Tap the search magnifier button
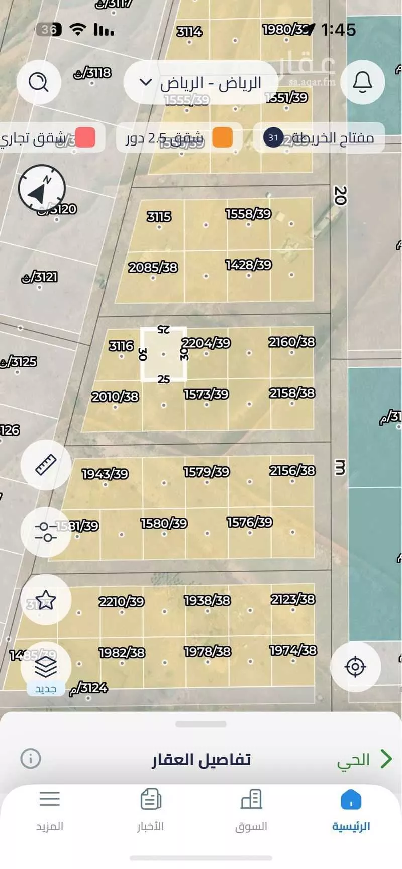pyautogui.click(x=39, y=82)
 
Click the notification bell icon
pyautogui.click(x=362, y=82)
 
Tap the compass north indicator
pyautogui.click(x=42, y=189)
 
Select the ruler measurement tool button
pyautogui.click(x=46, y=464)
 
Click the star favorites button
pyautogui.click(x=46, y=600)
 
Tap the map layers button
pyautogui.click(x=46, y=667)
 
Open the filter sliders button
pyautogui.click(x=46, y=532)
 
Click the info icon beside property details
pyautogui.click(x=31, y=758)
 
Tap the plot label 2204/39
pyautogui.click(x=206, y=343)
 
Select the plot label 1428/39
pyautogui.click(x=248, y=264)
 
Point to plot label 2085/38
pyautogui.click(x=153, y=267)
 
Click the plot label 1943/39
pyautogui.click(x=105, y=473)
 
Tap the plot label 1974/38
pyautogui.click(x=293, y=650)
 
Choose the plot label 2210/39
pyautogui.click(x=121, y=601)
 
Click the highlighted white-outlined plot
pyautogui.click(x=163, y=354)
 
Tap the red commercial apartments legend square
pyautogui.click(x=85, y=137)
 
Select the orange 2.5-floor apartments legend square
pyautogui.click(x=222, y=137)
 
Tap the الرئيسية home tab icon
pyautogui.click(x=351, y=800)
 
